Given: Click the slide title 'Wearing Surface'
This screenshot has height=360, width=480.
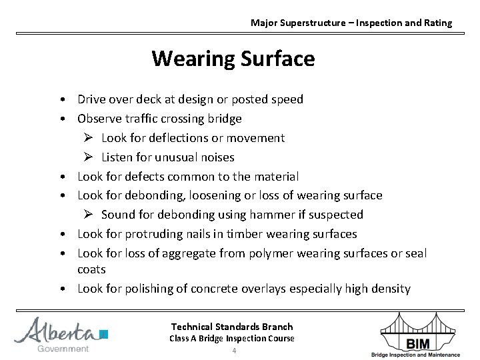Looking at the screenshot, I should point(233,59).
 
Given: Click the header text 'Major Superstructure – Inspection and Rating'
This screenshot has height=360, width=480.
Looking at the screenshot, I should point(351,23).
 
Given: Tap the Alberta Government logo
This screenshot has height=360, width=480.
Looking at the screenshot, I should point(61,333).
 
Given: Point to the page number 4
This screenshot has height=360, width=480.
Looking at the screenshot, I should point(234,351).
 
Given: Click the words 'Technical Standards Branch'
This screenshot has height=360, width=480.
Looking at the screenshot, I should point(232,327).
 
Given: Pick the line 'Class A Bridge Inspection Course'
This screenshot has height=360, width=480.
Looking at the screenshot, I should point(232,339).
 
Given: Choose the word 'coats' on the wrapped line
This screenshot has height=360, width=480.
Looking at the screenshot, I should point(91,269).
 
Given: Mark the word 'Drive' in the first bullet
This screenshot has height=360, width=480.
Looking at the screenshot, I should point(91,99).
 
